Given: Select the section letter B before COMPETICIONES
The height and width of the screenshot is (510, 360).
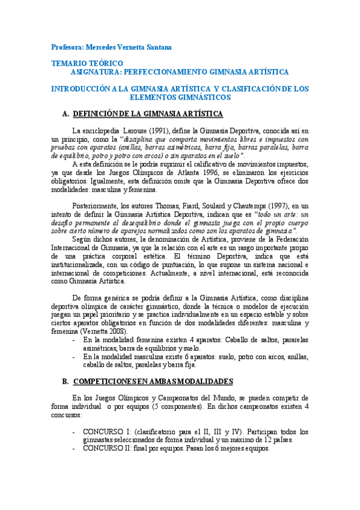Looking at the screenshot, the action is click(x=65, y=381).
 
